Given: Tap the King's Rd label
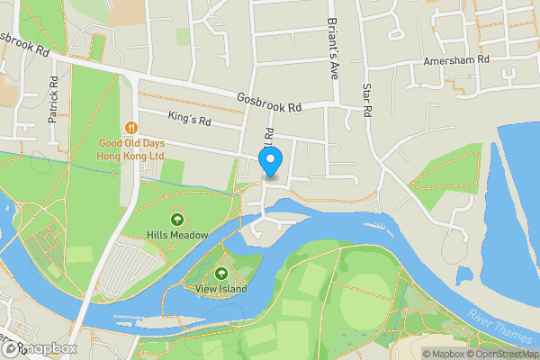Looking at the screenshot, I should pyautogui.click(x=189, y=118).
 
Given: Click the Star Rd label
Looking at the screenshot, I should pyautogui.click(x=366, y=103).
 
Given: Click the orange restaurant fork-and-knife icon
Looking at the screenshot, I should pyautogui.click(x=132, y=127).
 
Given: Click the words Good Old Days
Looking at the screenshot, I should pyautogui.click(x=132, y=143).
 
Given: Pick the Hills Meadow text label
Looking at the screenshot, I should pyautogui.click(x=177, y=235).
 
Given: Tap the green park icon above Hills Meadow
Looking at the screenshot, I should pyautogui.click(x=176, y=219).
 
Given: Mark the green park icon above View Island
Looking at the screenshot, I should pyautogui.click(x=221, y=273).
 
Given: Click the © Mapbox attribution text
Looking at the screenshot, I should pyautogui.click(x=444, y=354).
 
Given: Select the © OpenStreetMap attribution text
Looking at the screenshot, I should pyautogui.click(x=504, y=354).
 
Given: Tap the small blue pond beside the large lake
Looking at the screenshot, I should pyautogui.click(x=464, y=274).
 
